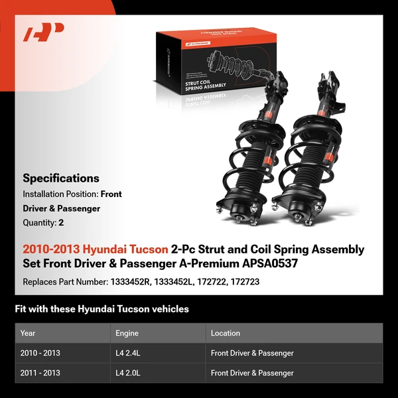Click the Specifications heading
[x=61, y=178]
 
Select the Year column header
[x=28, y=333]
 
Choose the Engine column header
[x=127, y=333]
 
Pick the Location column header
[x=226, y=333]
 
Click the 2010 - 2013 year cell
[x=40, y=353]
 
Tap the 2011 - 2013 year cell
[x=40, y=373]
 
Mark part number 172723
[x=245, y=281]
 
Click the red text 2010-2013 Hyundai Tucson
[x=96, y=249]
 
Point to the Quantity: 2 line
[x=43, y=223]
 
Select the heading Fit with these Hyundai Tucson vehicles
[x=101, y=309]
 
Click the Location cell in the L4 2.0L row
[x=252, y=373]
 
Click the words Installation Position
[x=60, y=194]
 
